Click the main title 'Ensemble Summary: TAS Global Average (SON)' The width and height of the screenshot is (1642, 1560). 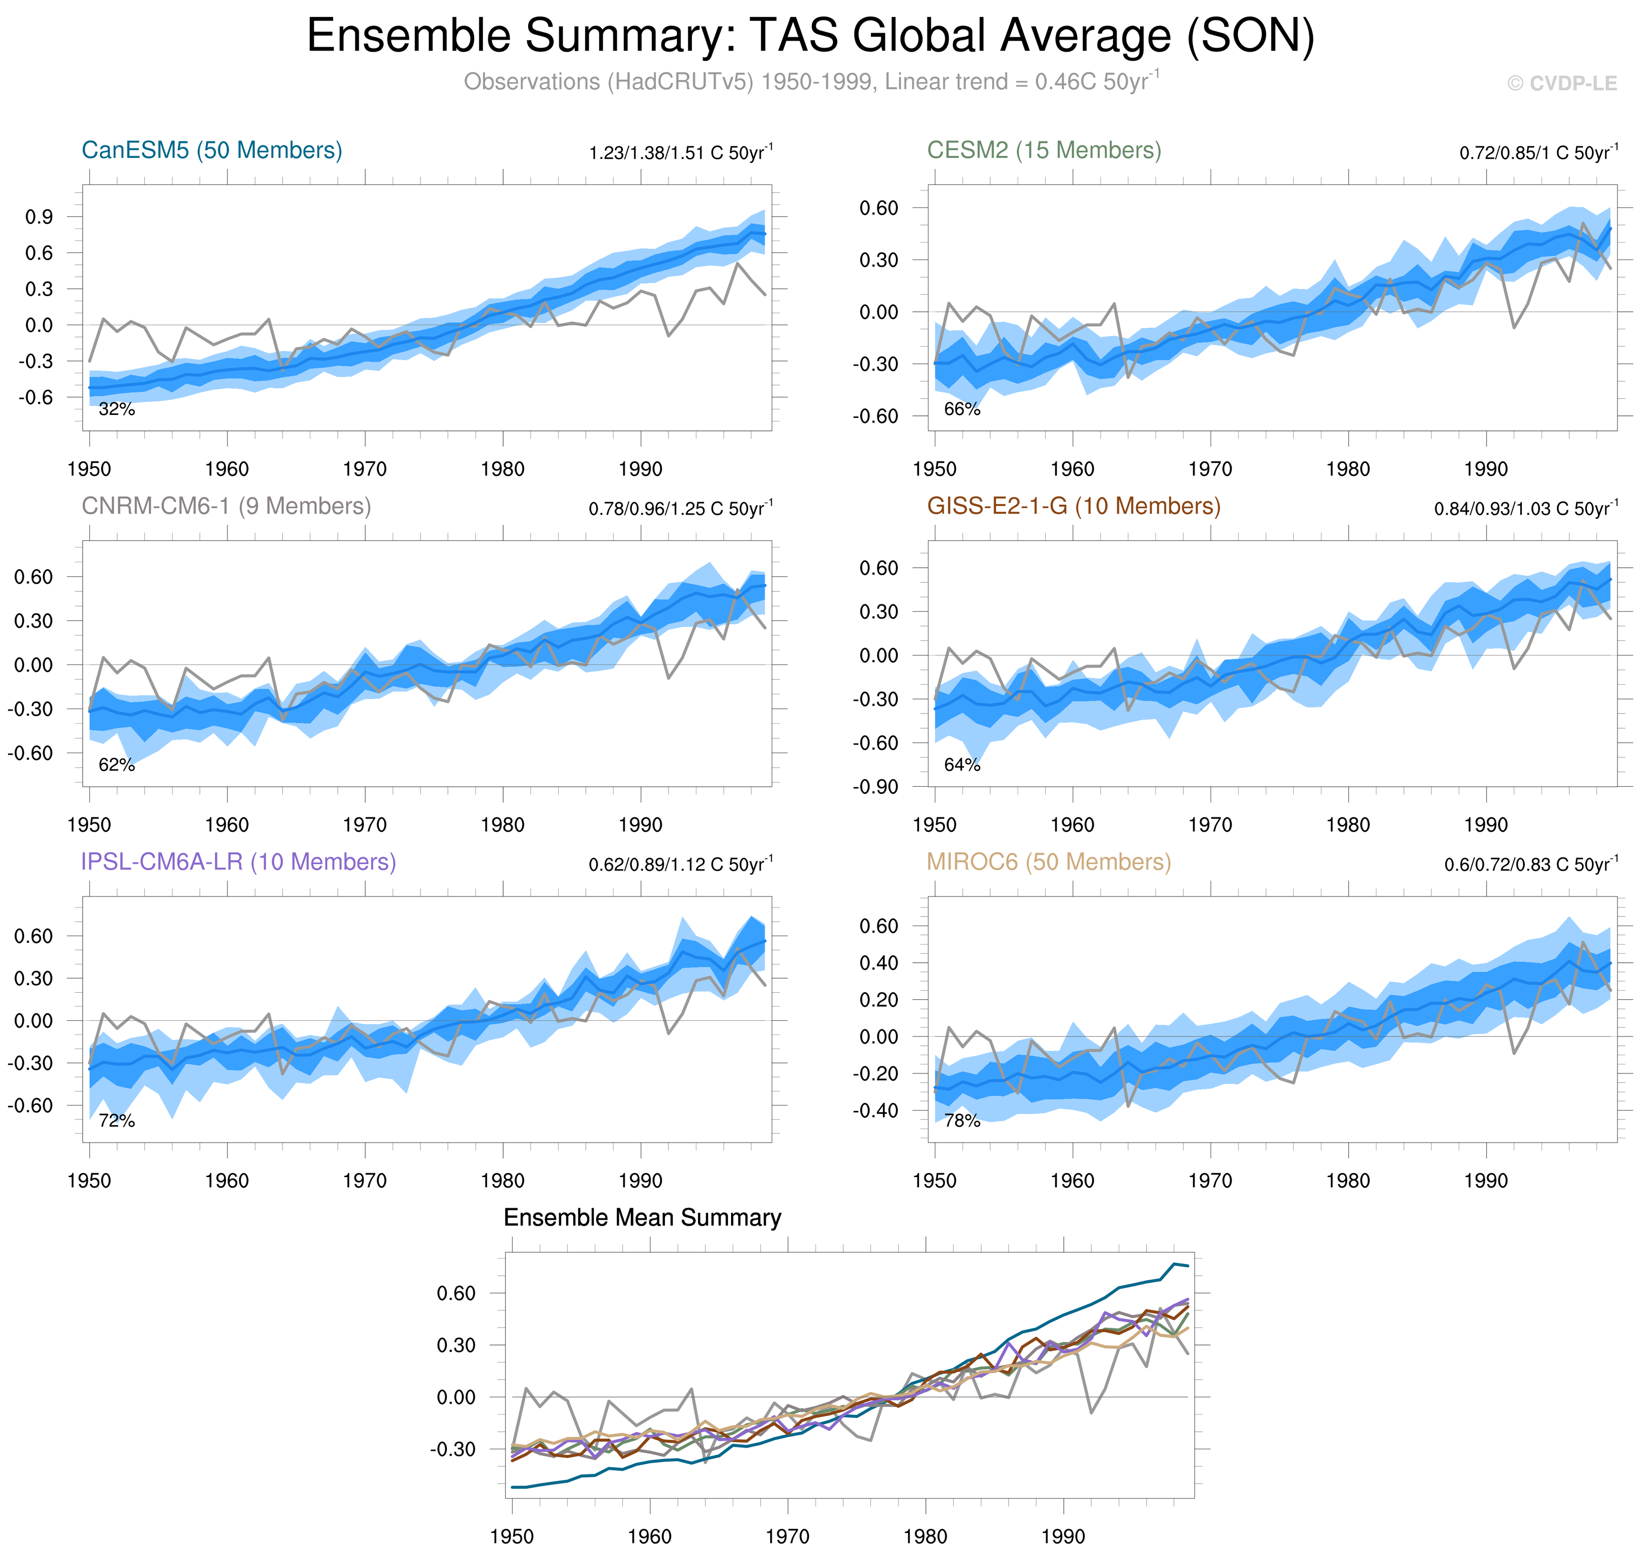tap(811, 37)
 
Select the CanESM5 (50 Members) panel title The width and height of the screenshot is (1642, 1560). tap(211, 150)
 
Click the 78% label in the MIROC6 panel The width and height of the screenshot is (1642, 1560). tap(962, 1121)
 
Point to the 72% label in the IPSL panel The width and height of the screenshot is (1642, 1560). tap(116, 1121)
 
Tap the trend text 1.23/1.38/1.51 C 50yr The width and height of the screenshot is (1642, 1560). tap(680, 153)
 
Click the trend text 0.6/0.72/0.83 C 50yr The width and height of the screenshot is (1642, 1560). tap(1531, 865)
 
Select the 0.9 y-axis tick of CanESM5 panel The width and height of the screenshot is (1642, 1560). tap(39, 217)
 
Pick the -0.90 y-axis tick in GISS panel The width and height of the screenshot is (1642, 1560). tap(875, 787)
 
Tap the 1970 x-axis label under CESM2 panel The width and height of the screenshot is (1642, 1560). tap(1210, 469)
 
